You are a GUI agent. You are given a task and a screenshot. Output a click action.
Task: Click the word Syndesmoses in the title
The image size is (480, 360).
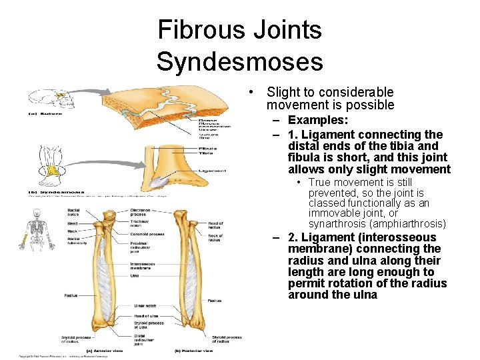tap(239, 61)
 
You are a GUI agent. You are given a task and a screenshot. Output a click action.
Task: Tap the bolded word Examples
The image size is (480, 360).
tap(319, 120)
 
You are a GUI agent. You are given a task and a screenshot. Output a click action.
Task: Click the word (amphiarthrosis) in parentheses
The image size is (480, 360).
tap(411, 223)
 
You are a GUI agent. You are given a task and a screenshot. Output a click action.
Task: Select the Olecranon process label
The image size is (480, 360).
tap(141, 212)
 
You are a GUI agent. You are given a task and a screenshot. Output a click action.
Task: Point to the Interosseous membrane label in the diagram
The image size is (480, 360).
tap(143, 266)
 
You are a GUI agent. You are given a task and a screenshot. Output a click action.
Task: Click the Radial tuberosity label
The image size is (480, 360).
tap(77, 241)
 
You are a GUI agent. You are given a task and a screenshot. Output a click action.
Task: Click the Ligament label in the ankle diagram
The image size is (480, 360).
tap(213, 171)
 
